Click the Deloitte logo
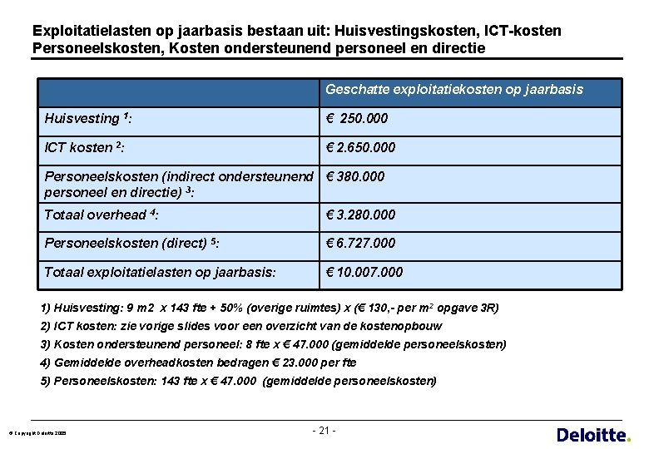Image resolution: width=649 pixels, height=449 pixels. click(592, 434)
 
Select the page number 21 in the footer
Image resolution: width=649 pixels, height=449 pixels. click(324, 431)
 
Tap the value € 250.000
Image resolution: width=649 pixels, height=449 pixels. click(357, 118)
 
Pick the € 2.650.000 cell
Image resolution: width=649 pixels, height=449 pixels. click(361, 147)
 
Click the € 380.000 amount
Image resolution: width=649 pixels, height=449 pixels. click(355, 176)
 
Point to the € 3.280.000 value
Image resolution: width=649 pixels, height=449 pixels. click(361, 215)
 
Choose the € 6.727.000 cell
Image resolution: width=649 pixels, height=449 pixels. click(361, 243)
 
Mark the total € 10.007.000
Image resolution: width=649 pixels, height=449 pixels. click(364, 272)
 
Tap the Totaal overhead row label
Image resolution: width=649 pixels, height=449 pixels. click(101, 215)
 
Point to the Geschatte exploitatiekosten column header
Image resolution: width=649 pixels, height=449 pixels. click(454, 89)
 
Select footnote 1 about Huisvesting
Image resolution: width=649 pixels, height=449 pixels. click(270, 308)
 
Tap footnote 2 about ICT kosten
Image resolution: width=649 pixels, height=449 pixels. click(241, 326)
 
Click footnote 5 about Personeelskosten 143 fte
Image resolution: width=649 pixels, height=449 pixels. click(238, 381)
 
